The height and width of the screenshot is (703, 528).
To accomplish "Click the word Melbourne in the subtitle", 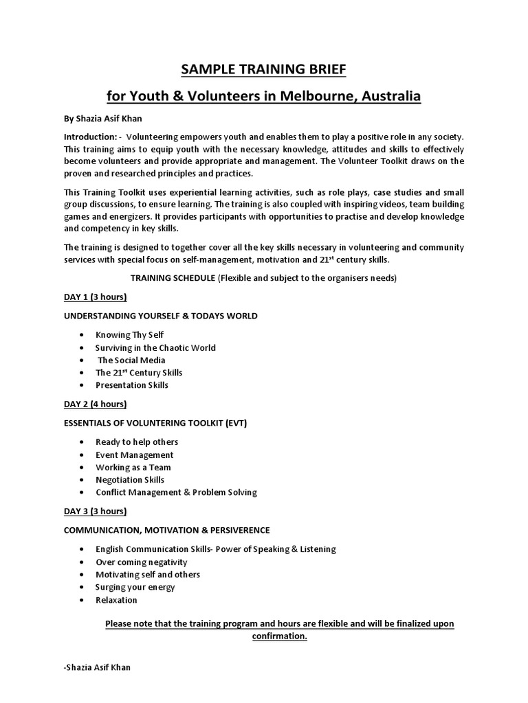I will pos(309,96).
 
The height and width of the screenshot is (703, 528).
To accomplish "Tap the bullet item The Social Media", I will pos(131,360).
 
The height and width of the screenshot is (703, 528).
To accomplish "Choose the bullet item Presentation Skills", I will pos(132,385).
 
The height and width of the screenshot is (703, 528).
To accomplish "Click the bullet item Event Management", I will pos(134,454).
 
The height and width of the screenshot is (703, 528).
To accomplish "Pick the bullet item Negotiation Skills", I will pos(130,480).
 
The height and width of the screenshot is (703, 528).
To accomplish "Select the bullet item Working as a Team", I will pos(133,468).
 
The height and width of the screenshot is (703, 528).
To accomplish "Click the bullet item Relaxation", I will pos(116,600).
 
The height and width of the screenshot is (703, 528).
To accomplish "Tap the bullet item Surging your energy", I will pos(135,587).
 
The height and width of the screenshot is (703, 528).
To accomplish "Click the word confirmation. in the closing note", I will pos(279,636).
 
